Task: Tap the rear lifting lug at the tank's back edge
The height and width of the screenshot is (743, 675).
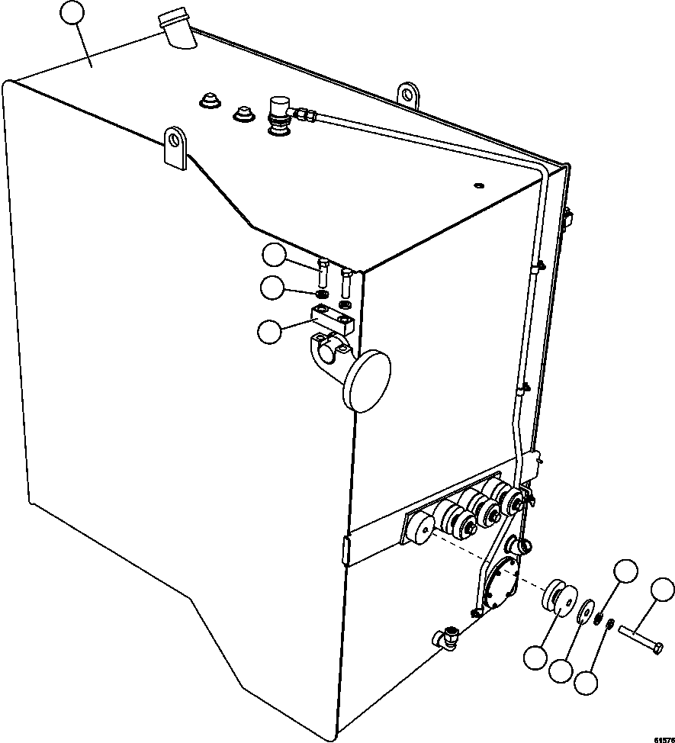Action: [408, 95]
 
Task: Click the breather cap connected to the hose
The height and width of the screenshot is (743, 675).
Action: [278, 111]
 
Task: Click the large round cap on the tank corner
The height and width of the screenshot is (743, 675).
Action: [368, 381]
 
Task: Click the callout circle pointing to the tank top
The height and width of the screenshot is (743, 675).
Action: [74, 13]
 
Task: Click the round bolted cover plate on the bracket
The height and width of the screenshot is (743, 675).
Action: [497, 584]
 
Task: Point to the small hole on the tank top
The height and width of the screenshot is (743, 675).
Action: [477, 185]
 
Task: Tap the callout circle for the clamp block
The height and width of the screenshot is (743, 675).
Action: [270, 332]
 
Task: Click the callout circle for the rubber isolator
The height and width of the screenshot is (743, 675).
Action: [536, 656]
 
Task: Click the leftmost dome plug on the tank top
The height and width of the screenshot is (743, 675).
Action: [208, 101]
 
